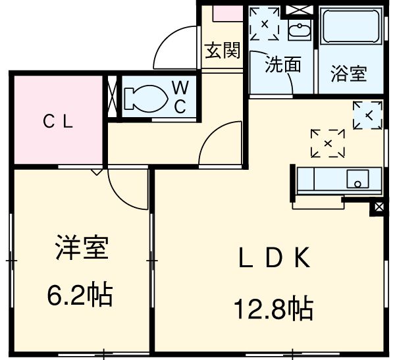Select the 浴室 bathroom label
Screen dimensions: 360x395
point(349,73)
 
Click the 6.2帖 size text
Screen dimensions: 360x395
point(80,294)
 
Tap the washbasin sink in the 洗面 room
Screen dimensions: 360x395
point(299,30)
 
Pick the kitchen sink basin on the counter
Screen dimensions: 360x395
point(359,179)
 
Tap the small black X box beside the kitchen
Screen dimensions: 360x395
point(379,208)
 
